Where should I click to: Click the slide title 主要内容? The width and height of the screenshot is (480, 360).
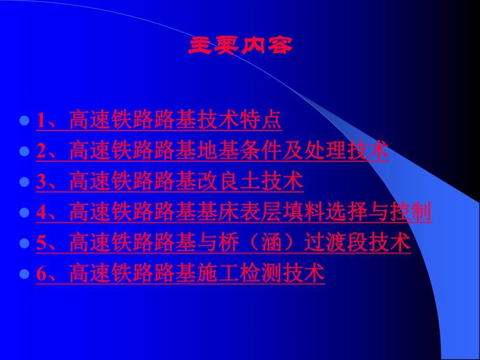[240, 46]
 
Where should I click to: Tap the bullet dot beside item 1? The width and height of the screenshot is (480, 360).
[23, 121]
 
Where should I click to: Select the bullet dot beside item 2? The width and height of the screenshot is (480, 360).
[23, 152]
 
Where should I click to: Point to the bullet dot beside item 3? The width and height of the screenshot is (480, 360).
[23, 182]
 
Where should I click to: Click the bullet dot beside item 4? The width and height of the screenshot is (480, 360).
[23, 213]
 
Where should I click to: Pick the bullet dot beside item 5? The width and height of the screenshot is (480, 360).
[23, 243]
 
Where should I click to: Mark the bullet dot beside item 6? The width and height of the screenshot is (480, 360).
[23, 274]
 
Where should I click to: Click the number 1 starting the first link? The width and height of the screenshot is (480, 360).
[41, 121]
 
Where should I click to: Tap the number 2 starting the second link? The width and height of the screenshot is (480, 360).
[41, 152]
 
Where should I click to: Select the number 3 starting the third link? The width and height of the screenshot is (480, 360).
[41, 182]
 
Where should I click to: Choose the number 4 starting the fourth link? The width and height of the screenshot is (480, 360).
[41, 213]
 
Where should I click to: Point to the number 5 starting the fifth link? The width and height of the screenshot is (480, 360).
[41, 243]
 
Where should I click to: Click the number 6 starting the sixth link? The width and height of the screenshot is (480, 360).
[41, 274]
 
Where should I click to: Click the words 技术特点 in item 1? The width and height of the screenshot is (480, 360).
[240, 121]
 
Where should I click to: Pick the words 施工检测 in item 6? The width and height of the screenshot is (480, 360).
[250, 274]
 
